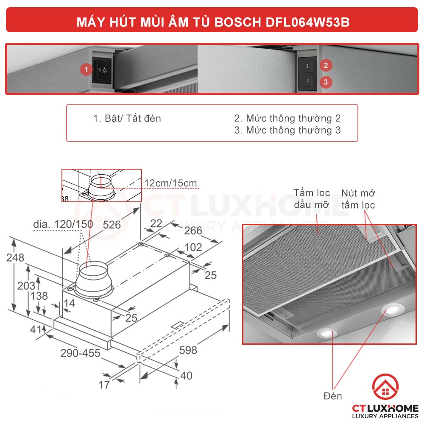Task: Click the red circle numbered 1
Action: tap(86, 69)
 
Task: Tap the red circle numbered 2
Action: tap(326, 65)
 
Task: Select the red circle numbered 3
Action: tap(326, 82)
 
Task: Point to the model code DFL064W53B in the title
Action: tap(304, 22)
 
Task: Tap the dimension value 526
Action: tap(112, 224)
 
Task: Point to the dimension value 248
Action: tap(15, 257)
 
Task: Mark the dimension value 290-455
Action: tap(80, 353)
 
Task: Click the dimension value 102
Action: tap(193, 247)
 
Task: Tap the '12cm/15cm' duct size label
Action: tap(170, 183)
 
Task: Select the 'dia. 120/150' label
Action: tap(63, 224)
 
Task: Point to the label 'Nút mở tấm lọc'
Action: tap(358, 199)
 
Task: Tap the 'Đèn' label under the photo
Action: tap(332, 396)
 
